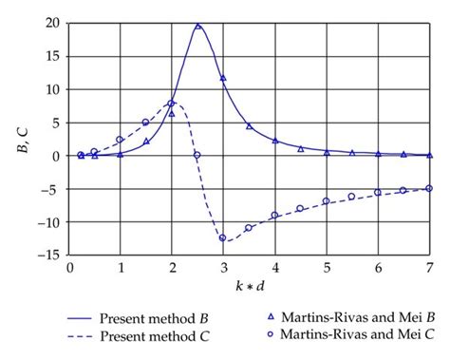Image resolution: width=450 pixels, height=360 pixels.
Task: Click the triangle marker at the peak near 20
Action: pos(197,27)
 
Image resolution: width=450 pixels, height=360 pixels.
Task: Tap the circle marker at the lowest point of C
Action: pos(223,238)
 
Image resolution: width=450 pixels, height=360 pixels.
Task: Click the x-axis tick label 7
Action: pos(429,270)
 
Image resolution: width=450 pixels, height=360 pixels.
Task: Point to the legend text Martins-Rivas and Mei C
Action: pos(357,335)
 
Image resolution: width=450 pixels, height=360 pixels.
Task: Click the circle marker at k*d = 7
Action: pos(429,188)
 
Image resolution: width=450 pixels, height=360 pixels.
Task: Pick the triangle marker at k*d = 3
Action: pos(223,78)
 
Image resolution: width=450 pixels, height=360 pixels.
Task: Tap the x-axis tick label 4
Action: pos(274,270)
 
